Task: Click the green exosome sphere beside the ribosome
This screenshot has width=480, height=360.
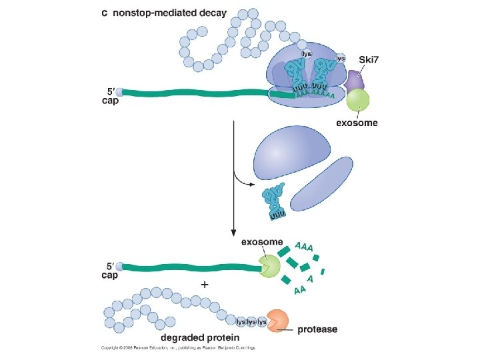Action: click(x=358, y=101)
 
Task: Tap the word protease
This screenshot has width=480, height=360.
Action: click(x=317, y=329)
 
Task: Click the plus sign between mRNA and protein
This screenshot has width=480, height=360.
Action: click(x=204, y=284)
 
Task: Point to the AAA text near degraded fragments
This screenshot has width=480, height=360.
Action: click(x=303, y=247)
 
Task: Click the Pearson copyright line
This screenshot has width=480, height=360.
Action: click(x=179, y=347)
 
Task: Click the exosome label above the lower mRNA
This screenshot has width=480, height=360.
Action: click(x=262, y=242)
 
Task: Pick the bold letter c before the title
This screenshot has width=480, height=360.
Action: click(x=105, y=13)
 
